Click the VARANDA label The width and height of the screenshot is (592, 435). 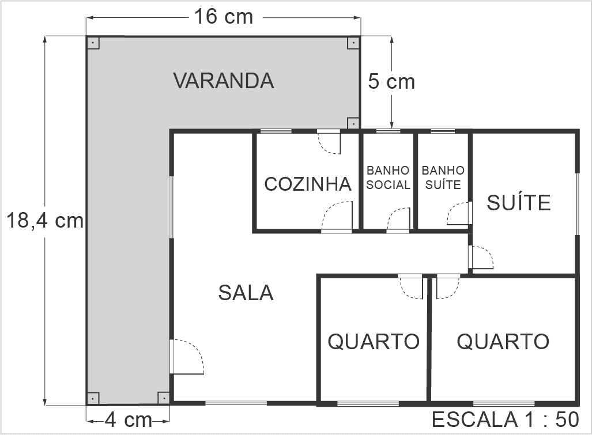click(224, 81)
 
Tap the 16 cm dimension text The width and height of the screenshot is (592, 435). click(223, 17)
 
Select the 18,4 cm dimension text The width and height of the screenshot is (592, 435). click(45, 220)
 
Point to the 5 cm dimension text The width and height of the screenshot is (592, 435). click(391, 82)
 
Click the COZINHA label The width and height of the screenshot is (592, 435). click(308, 184)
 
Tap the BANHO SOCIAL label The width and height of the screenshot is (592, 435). click(388, 177)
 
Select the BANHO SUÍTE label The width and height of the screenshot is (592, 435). click(443, 177)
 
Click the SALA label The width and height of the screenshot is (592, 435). click(246, 293)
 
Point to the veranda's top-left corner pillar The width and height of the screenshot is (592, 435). click(93, 43)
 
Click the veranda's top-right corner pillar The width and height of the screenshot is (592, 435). click(353, 43)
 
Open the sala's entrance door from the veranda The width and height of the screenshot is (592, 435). click(186, 357)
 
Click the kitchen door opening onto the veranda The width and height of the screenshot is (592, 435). click(330, 142)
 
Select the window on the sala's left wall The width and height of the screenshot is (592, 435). click(171, 207)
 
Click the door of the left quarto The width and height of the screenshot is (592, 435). click(412, 286)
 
